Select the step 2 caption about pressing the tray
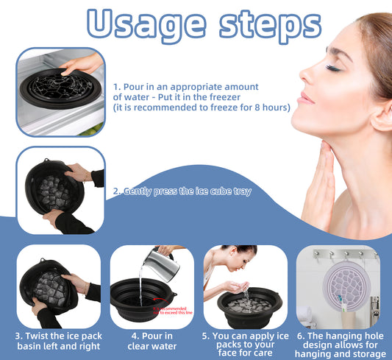pyautogui.click(x=182, y=191)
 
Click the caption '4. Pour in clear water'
pyautogui.click(x=152, y=342)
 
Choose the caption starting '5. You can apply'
pyautogui.click(x=244, y=342)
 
